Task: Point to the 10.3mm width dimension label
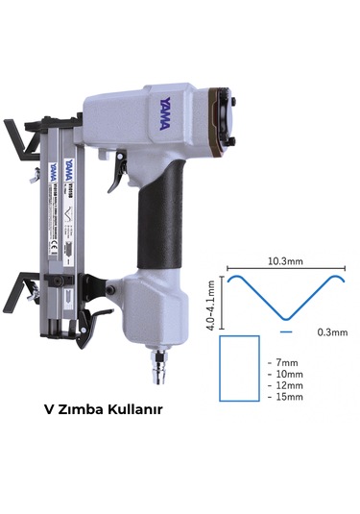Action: pyautogui.click(x=284, y=261)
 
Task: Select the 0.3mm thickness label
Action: pyautogui.click(x=331, y=332)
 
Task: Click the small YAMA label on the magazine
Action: pyautogui.click(x=58, y=169)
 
